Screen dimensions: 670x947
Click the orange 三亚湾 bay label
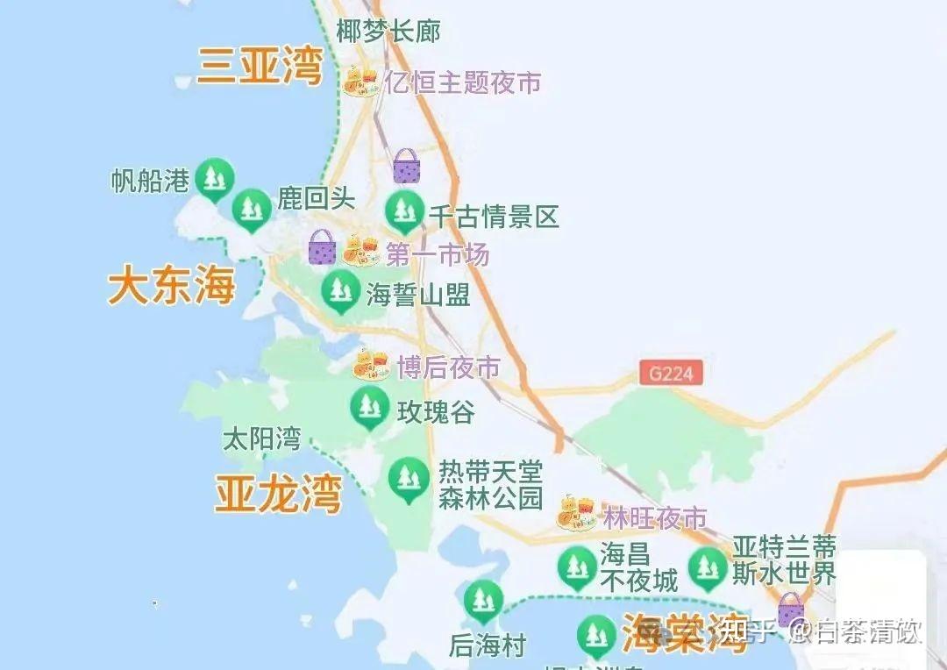[x=260, y=67]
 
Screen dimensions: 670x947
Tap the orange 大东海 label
[x=172, y=287]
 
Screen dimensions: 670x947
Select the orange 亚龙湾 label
[x=278, y=495]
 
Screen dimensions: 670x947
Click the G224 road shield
[x=671, y=373]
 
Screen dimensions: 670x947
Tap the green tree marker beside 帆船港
[x=213, y=179]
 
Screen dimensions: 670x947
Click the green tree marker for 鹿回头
[x=253, y=209]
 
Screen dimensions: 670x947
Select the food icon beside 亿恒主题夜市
[x=360, y=82]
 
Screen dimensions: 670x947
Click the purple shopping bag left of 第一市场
[x=322, y=248]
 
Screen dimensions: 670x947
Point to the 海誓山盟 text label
[x=418, y=293]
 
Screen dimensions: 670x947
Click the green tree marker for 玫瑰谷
[x=369, y=408]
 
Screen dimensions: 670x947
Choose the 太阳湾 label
[x=262, y=438]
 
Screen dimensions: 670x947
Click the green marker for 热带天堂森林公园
[x=407, y=479]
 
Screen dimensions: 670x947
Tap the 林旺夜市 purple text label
[x=654, y=517]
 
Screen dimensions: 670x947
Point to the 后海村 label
[x=487, y=646]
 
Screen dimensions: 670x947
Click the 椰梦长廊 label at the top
[x=388, y=32]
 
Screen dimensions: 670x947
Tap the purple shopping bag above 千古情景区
[x=406, y=166]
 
